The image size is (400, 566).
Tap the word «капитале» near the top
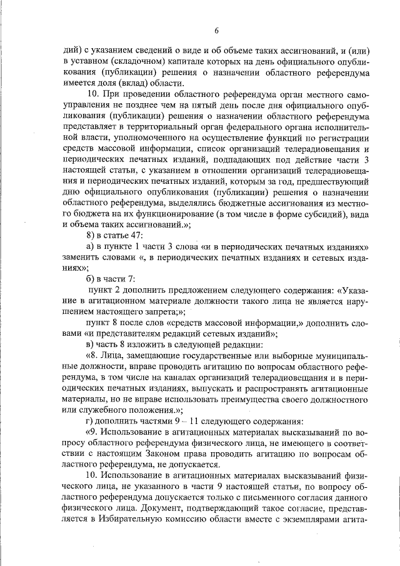coord(178,61)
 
